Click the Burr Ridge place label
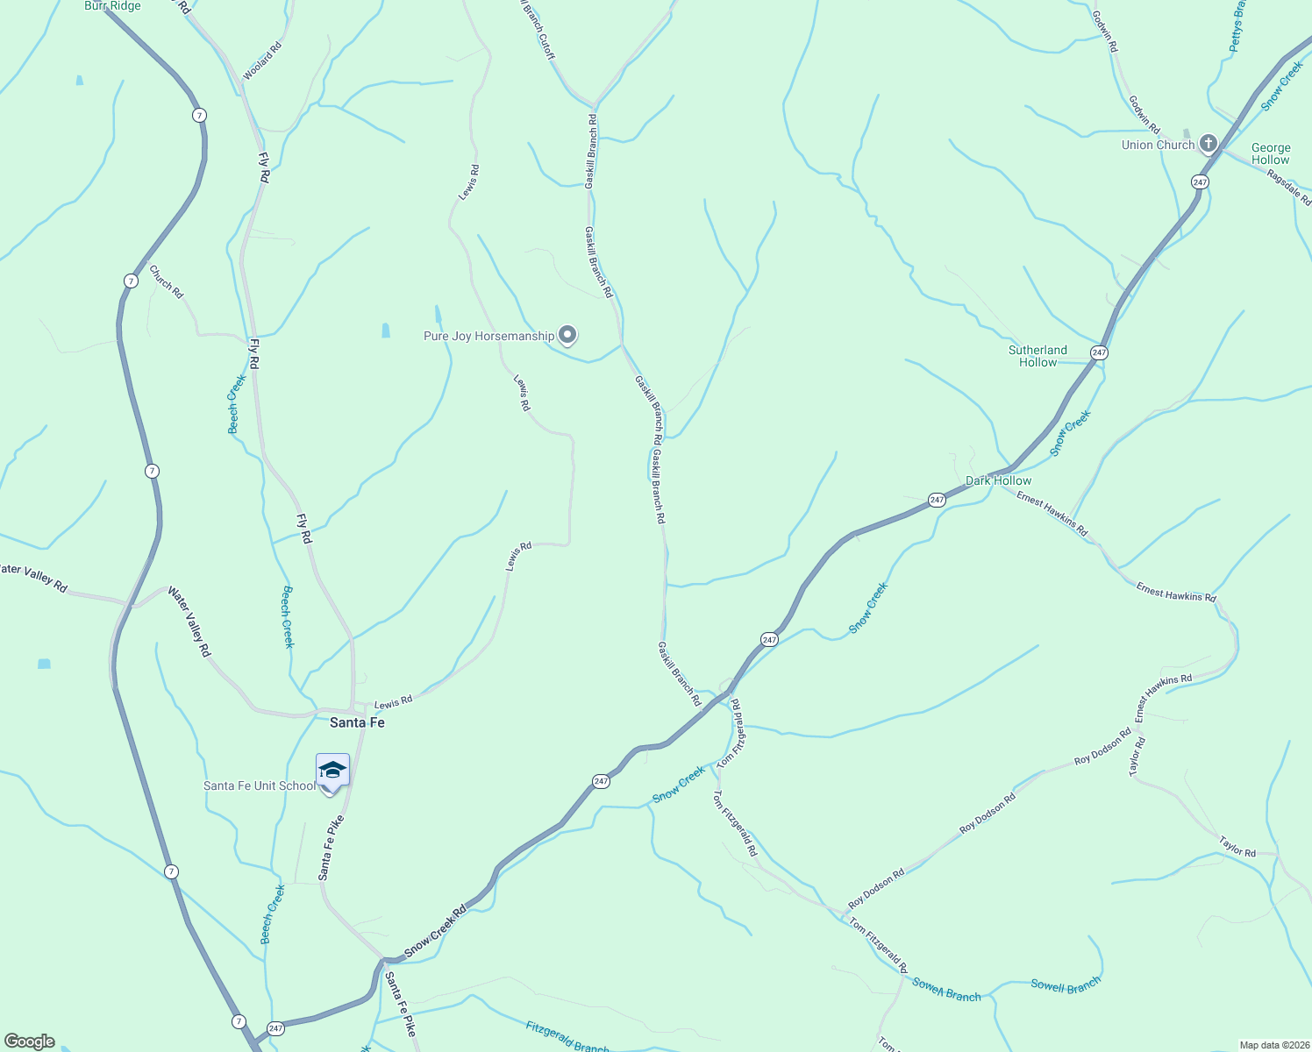coord(112,6)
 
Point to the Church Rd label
coord(167,282)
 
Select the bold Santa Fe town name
coord(357,722)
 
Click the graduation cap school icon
coord(332,771)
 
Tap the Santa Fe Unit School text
coord(259,785)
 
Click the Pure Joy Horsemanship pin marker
coord(567,335)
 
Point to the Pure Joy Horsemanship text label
coord(488,336)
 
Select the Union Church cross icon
coord(1209,144)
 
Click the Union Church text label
coord(1158,145)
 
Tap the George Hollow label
coord(1271,153)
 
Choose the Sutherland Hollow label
coord(1037,356)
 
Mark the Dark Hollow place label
coord(998,480)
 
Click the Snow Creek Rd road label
coord(436,932)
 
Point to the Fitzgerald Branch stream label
coord(567,1036)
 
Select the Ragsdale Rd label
coord(1289,188)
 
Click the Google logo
coord(29,1041)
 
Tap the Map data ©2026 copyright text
coord(1273,1045)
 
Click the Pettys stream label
coord(1237,26)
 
